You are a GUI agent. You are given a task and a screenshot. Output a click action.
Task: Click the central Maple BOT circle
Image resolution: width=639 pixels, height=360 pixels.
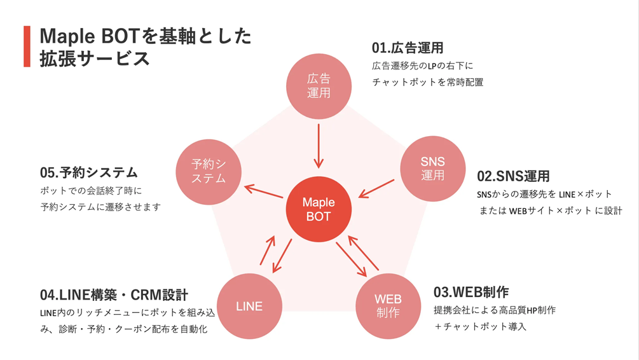tap(319, 209)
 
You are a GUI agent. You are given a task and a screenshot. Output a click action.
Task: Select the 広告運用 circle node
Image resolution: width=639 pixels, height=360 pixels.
tap(319, 86)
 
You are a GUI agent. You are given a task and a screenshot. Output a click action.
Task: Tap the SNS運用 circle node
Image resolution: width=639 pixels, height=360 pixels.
tap(432, 169)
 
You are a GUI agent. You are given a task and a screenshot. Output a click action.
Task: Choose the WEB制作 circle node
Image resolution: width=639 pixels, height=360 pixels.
tap(388, 306)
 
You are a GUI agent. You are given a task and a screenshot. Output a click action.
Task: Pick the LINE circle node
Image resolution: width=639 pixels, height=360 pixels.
tap(249, 306)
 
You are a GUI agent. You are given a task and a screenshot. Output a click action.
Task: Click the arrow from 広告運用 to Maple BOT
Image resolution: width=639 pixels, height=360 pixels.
tap(319, 146)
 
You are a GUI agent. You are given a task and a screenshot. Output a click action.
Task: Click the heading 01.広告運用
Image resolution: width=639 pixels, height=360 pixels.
tap(408, 48)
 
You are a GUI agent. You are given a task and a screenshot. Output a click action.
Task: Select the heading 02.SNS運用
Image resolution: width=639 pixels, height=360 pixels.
tap(513, 176)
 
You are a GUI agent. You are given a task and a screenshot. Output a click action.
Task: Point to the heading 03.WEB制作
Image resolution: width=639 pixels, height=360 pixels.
tap(471, 292)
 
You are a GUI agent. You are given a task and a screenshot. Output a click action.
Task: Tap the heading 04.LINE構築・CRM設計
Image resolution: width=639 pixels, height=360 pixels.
tap(114, 295)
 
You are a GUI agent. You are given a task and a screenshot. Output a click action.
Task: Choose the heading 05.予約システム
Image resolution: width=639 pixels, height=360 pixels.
tap(89, 172)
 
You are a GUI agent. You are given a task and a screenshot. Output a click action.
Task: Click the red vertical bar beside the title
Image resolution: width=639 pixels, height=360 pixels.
tap(27, 46)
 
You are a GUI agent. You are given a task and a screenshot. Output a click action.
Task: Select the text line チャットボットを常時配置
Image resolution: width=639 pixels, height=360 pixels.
tap(427, 82)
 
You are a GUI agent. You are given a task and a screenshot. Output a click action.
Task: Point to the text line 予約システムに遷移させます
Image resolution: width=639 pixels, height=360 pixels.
tap(100, 207)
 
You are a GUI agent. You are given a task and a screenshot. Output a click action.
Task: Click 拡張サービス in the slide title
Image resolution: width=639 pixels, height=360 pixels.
tap(95, 59)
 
